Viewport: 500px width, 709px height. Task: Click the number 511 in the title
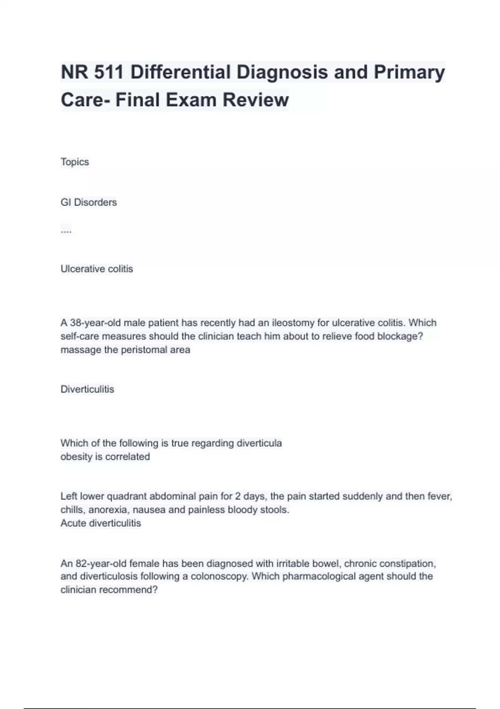[x=109, y=72]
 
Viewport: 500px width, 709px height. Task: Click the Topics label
[x=75, y=162]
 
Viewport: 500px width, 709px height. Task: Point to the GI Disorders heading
[x=89, y=202]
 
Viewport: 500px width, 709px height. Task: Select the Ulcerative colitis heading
[x=97, y=269]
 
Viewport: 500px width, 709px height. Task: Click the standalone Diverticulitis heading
[x=87, y=389]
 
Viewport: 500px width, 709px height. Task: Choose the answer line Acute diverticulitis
[x=101, y=523]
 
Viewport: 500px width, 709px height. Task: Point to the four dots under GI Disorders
[x=66, y=230]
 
